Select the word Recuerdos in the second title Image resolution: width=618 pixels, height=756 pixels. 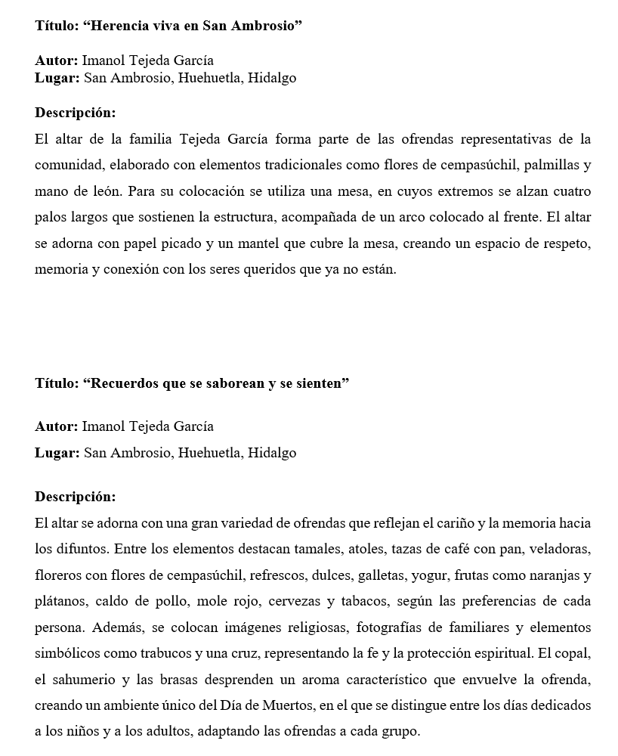click(123, 383)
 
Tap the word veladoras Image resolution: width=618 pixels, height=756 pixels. click(560, 549)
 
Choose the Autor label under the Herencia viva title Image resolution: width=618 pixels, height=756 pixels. click(56, 60)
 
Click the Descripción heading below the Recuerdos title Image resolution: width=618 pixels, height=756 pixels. click(75, 497)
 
